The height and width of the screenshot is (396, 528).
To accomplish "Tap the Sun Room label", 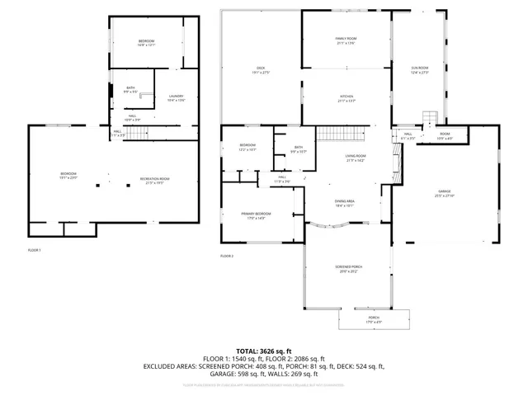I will pos(420,69).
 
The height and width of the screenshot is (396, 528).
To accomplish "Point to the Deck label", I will pos(260,69).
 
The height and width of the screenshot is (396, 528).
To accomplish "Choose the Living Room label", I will pos(355,158).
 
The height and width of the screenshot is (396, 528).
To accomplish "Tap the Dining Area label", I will pos(344,203).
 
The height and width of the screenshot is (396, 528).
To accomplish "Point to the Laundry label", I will pos(177,97).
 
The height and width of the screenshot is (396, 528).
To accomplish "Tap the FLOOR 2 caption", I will pos(227,257).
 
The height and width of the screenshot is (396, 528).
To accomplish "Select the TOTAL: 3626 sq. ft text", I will pos(263,351).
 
